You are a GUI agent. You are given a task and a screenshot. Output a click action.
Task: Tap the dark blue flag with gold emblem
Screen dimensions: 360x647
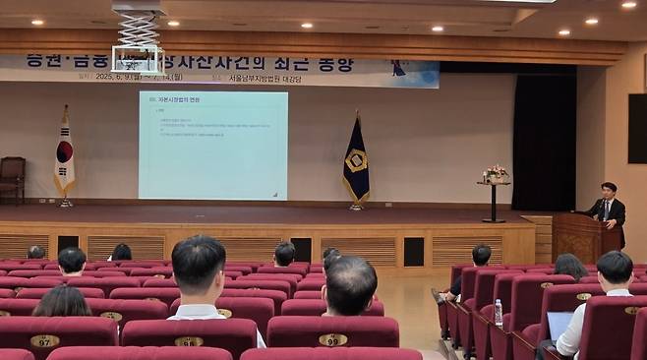(356, 162)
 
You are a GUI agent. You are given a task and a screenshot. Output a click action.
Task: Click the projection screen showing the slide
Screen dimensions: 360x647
(212, 146)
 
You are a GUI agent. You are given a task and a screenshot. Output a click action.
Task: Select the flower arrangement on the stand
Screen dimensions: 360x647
(495, 173)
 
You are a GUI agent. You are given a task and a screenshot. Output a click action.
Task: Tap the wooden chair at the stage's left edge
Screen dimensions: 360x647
(12, 179)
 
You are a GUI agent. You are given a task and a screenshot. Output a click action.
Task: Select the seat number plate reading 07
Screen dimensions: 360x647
(44, 341)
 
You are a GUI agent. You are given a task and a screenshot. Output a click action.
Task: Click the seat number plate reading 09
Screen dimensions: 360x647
(332, 340)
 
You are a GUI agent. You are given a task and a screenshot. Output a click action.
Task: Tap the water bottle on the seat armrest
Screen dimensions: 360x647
(499, 313)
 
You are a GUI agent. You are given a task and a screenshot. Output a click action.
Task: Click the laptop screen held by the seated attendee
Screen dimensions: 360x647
(559, 325)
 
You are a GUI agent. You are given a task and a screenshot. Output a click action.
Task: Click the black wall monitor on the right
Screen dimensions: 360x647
(637, 128)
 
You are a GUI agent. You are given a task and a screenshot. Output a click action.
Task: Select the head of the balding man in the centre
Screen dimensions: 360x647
(349, 283)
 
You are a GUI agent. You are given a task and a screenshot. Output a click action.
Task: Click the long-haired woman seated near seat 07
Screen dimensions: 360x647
(63, 302)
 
